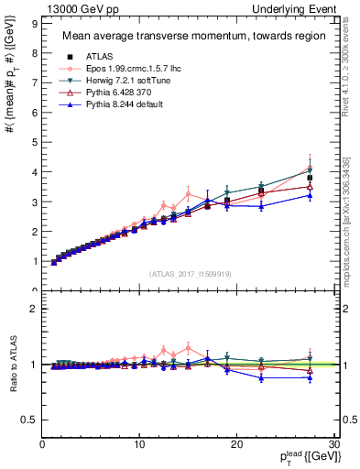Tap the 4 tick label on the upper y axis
point(35,172)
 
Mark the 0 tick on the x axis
point(42,445)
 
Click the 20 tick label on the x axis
point(236,445)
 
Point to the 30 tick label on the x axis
point(333,445)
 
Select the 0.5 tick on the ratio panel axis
point(31,420)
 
